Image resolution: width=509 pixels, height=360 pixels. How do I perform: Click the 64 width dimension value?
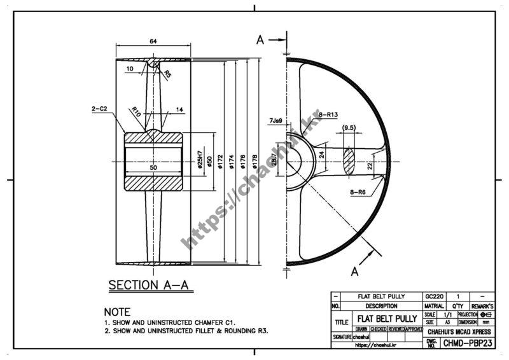pyautogui.click(x=153, y=41)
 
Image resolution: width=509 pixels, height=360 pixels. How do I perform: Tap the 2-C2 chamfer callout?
pyautogui.click(x=101, y=109)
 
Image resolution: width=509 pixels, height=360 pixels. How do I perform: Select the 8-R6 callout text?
pyautogui.click(x=358, y=191)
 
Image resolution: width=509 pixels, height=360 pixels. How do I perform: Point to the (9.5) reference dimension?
pyautogui.click(x=349, y=128)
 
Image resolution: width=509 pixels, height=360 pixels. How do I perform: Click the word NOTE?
pyautogui.click(x=117, y=312)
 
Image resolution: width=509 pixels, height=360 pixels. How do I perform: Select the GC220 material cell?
pyautogui.click(x=433, y=297)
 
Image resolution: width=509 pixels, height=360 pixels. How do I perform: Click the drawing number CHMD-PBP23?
pyautogui.click(x=468, y=343)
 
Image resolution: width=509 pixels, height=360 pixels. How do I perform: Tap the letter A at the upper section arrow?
pyautogui.click(x=260, y=39)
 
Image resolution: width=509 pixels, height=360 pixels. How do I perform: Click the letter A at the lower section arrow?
pyautogui.click(x=355, y=272)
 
